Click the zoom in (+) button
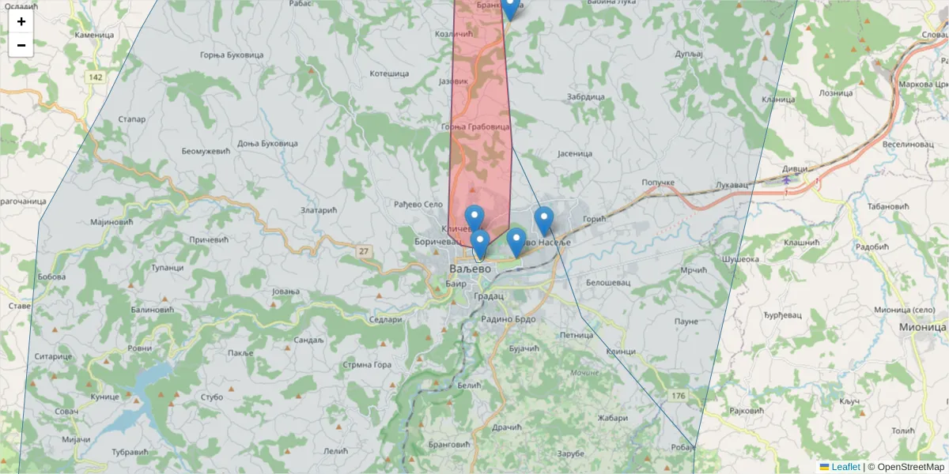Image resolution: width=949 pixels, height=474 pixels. pyautogui.click(x=21, y=21)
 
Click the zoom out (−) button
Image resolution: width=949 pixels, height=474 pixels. pyautogui.click(x=21, y=45)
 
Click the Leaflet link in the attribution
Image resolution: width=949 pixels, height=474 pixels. pyautogui.click(x=845, y=467)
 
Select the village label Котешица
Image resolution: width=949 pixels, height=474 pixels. pyautogui.click(x=389, y=73)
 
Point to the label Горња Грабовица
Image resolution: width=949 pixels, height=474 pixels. pyautogui.click(x=475, y=126)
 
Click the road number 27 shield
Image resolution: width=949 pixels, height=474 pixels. pyautogui.click(x=364, y=251)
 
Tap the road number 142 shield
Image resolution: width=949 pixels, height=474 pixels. pyautogui.click(x=96, y=77)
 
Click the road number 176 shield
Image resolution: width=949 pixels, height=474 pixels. pyautogui.click(x=678, y=395)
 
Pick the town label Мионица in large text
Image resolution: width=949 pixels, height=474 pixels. pyautogui.click(x=922, y=326)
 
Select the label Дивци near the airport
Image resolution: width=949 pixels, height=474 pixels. pyautogui.click(x=795, y=168)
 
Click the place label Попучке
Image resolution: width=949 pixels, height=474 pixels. pyautogui.click(x=658, y=182)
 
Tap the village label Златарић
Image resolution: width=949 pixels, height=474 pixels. pyautogui.click(x=319, y=210)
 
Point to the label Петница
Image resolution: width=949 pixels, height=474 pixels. pyautogui.click(x=577, y=335)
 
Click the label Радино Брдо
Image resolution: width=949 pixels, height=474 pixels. pyautogui.click(x=509, y=319)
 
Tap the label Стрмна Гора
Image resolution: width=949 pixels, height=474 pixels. pyautogui.click(x=366, y=365)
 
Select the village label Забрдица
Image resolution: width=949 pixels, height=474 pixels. pyautogui.click(x=586, y=96)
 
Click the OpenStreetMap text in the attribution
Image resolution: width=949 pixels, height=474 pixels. pyautogui.click(x=910, y=467)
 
